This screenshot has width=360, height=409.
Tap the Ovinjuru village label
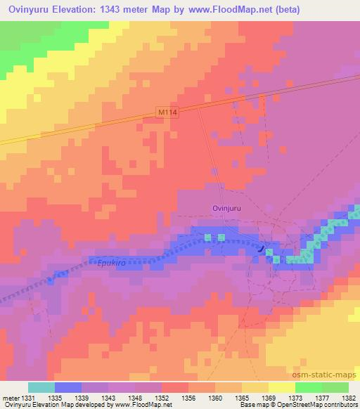click(x=227, y=208)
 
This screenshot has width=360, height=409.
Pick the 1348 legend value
click(x=135, y=398)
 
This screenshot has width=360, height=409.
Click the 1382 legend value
click(x=349, y=398)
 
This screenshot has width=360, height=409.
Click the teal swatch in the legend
click(x=41, y=387)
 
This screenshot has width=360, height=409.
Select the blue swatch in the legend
click(x=68, y=387)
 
